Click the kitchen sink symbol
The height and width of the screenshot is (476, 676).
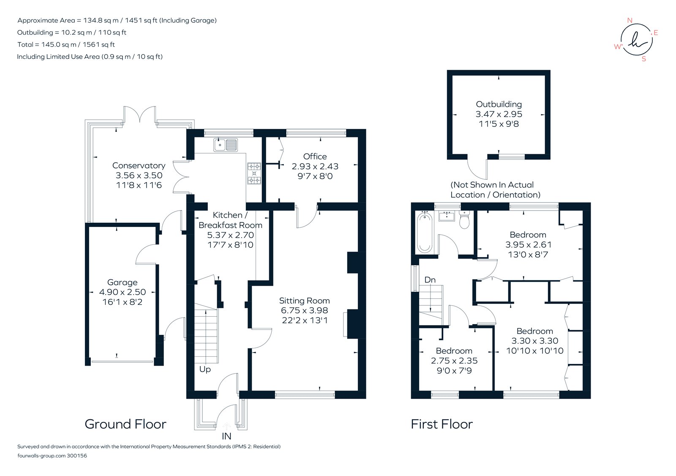pos(226,145)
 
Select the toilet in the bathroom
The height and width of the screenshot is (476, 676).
pos(464,221)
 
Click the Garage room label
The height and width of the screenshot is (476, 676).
pos(122,282)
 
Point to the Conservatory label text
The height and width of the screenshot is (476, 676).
pos(139,166)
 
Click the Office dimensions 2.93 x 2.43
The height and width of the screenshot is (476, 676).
pos(315,167)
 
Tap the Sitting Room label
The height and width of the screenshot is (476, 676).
pos(304,301)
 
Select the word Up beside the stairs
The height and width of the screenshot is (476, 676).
pos(205,369)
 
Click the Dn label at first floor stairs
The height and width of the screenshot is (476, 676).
pos(430,280)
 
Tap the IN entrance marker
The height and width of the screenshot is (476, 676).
pos(226,436)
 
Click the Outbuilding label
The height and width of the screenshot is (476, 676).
pos(499,104)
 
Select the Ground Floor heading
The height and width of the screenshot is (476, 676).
pos(125,424)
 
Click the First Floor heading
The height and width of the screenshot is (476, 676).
pos(442,424)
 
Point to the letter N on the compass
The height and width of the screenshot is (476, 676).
pos(630,20)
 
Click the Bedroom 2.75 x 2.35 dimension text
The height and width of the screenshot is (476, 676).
pos(454,361)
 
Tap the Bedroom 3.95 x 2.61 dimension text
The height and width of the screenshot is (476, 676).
pos(528,245)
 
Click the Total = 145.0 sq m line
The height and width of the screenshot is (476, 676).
pos(66,44)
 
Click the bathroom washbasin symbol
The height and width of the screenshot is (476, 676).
pos(447,216)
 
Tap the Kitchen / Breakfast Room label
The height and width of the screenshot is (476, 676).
pos(230,220)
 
